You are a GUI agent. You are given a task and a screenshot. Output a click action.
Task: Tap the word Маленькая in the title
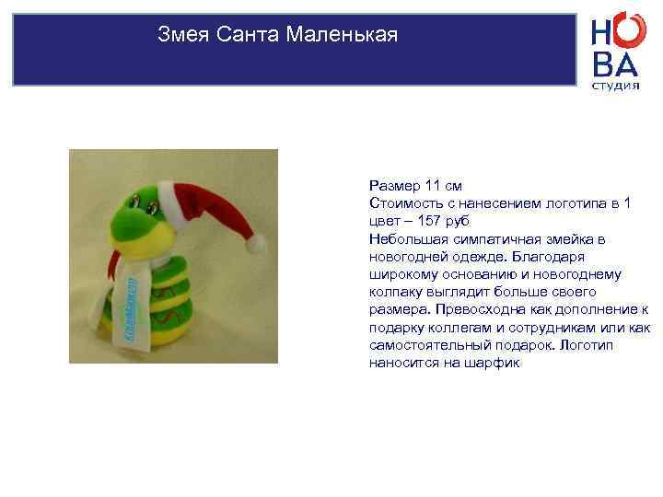[x=343, y=37]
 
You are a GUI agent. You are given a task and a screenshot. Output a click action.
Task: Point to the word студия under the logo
[x=615, y=86]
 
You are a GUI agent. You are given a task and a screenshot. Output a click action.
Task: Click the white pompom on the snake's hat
[x=257, y=243]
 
